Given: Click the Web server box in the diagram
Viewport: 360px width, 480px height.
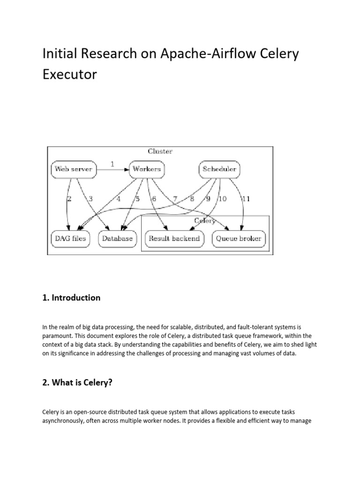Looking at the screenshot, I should click(x=73, y=169).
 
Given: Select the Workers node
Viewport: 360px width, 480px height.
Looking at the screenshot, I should click(x=146, y=169).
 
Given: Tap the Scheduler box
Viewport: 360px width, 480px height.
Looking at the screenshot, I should click(x=219, y=169).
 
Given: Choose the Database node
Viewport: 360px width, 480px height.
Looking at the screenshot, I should click(x=117, y=239).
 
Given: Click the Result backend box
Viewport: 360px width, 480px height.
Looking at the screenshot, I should click(x=174, y=239).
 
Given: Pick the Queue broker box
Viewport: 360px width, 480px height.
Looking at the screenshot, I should click(x=238, y=239).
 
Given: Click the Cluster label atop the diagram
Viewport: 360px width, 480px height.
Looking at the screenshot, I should click(x=160, y=151).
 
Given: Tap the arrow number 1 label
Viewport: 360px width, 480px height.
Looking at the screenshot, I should click(x=112, y=164).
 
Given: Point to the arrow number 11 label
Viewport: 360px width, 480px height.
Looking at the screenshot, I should click(x=246, y=199).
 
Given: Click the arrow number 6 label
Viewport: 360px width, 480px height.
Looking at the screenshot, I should click(x=153, y=199).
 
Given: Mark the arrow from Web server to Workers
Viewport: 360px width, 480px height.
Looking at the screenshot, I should click(x=112, y=170).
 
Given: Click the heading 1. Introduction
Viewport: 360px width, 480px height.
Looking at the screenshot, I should click(x=72, y=298).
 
